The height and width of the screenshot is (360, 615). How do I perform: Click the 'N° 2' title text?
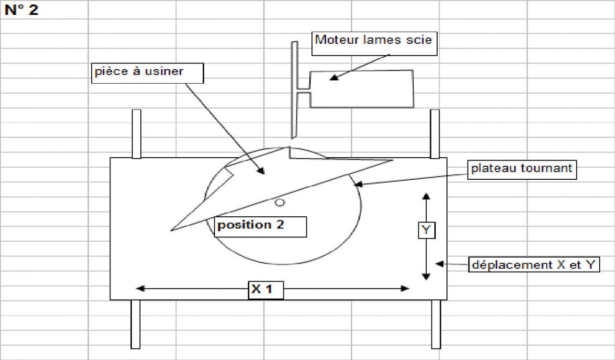[21, 10]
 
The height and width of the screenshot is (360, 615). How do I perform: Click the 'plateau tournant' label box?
[522, 169]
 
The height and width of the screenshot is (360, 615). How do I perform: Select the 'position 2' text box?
[260, 226]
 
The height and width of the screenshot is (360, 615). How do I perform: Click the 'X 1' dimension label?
[265, 289]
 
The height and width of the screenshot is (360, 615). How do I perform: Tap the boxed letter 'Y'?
[426, 230]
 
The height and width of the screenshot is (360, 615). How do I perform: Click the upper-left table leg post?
[136, 134]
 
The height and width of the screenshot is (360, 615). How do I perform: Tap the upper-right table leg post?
[434, 134]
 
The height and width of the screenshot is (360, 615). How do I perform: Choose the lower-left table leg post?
[135, 324]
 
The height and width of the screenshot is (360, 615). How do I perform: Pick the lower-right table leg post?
[436, 324]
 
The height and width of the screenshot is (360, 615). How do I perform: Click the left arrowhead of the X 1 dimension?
[138, 288]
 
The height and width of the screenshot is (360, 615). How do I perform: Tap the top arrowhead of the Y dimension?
[426, 195]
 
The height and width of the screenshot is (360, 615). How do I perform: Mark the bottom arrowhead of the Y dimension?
[426, 276]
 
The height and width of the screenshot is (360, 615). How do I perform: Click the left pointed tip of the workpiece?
[172, 230]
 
